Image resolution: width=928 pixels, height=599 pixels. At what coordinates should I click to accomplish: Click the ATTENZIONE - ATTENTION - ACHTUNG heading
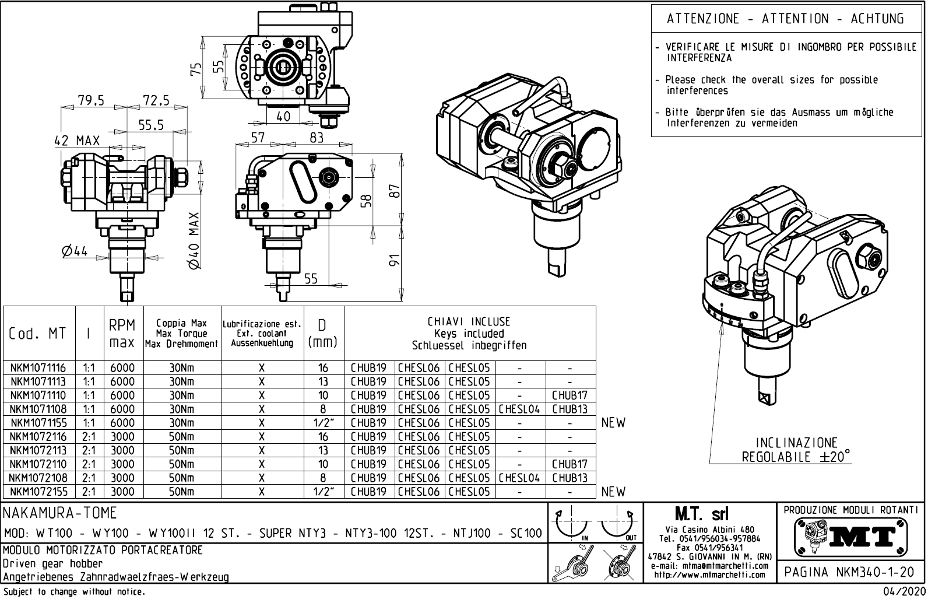(785, 19)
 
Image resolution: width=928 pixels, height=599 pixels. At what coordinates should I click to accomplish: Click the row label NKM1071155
(38, 423)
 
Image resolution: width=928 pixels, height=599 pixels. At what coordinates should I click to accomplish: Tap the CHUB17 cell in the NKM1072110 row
(570, 464)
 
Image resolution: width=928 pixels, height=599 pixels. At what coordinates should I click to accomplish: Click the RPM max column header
(122, 334)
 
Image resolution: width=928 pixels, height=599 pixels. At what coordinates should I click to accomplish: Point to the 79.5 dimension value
(91, 100)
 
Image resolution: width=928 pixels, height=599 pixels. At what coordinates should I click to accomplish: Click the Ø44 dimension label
(74, 251)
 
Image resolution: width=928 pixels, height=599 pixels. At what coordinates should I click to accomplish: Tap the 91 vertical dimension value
(395, 261)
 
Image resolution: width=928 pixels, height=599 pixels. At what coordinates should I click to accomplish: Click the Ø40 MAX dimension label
(195, 240)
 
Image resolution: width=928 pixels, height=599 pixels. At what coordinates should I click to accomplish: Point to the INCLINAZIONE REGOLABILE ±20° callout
(796, 450)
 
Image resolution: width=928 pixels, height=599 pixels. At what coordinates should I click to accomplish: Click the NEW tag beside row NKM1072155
(613, 492)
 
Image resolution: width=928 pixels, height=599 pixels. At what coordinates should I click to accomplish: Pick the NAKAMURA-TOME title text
(61, 513)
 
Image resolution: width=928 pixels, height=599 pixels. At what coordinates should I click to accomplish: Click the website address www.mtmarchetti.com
(709, 575)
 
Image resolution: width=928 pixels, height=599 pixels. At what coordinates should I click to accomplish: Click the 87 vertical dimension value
(395, 191)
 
